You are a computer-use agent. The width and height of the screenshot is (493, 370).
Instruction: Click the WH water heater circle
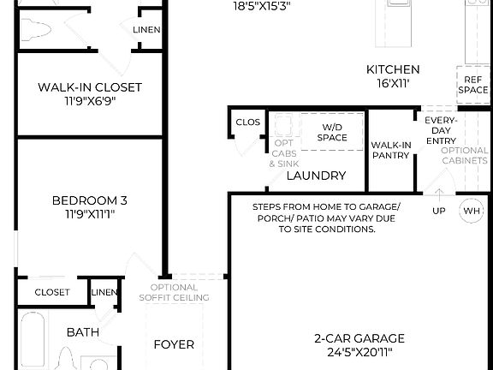click(x=472, y=211)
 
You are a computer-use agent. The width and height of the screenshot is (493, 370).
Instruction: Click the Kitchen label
click(x=393, y=69)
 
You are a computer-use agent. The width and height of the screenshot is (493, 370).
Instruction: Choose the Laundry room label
click(x=316, y=176)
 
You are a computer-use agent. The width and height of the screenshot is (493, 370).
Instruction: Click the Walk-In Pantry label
click(x=391, y=150)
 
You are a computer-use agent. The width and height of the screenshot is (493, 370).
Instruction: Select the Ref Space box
click(x=473, y=84)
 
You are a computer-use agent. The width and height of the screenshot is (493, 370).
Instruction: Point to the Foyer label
click(x=174, y=345)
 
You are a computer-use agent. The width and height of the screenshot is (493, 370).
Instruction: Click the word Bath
click(x=83, y=332)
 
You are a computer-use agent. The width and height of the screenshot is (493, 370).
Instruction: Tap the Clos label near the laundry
click(x=247, y=122)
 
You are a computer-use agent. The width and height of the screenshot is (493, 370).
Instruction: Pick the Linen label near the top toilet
click(x=147, y=30)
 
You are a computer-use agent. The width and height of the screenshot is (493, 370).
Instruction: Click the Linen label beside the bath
click(x=104, y=293)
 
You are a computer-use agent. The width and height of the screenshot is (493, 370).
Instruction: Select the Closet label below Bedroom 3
click(x=52, y=292)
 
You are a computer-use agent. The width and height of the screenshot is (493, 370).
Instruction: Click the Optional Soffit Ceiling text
click(x=174, y=293)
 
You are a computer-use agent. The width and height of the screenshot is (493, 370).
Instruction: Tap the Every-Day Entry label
click(x=441, y=129)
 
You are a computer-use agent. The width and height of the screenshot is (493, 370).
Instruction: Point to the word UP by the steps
click(x=438, y=211)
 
